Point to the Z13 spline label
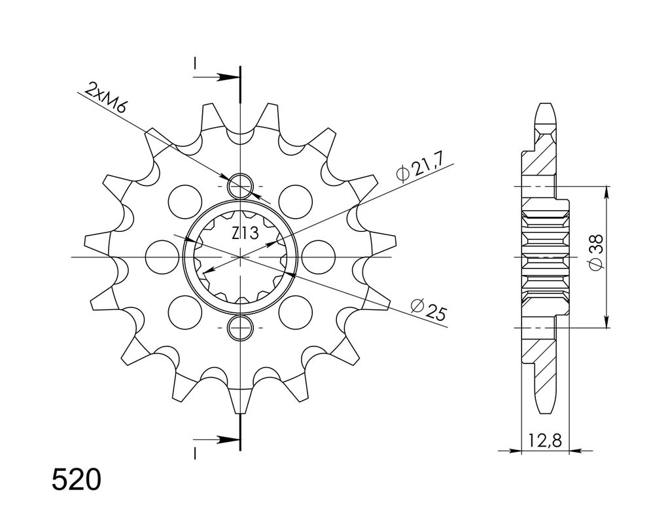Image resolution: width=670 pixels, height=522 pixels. [245, 234]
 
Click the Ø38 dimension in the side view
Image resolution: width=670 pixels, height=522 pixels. [595, 252]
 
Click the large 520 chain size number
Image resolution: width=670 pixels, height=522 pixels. [77, 479]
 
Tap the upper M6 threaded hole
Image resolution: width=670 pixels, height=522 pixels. [241, 187]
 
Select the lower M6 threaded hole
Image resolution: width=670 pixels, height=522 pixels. [241, 327]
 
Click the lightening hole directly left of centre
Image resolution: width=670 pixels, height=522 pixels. [162, 257]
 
